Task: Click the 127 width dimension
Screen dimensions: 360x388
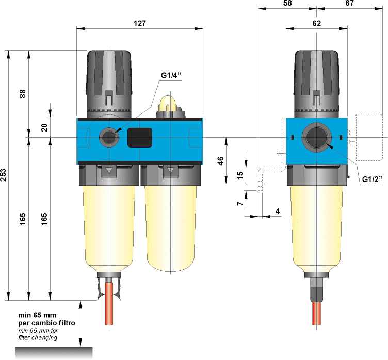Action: (140, 23)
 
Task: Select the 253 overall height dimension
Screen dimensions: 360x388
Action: (5, 175)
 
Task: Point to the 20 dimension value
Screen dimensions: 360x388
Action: (44, 127)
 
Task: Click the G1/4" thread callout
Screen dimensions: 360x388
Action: (172, 76)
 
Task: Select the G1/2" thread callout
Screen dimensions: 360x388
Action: (371, 179)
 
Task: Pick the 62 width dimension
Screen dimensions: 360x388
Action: (316, 23)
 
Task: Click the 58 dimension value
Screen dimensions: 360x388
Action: (287, 3)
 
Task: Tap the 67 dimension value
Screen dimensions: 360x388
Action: (350, 3)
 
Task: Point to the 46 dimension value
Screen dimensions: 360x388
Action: (221, 161)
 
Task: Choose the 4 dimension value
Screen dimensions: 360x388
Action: (277, 211)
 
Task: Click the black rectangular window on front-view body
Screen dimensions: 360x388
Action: (139, 138)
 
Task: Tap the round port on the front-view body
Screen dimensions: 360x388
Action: (109, 137)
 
